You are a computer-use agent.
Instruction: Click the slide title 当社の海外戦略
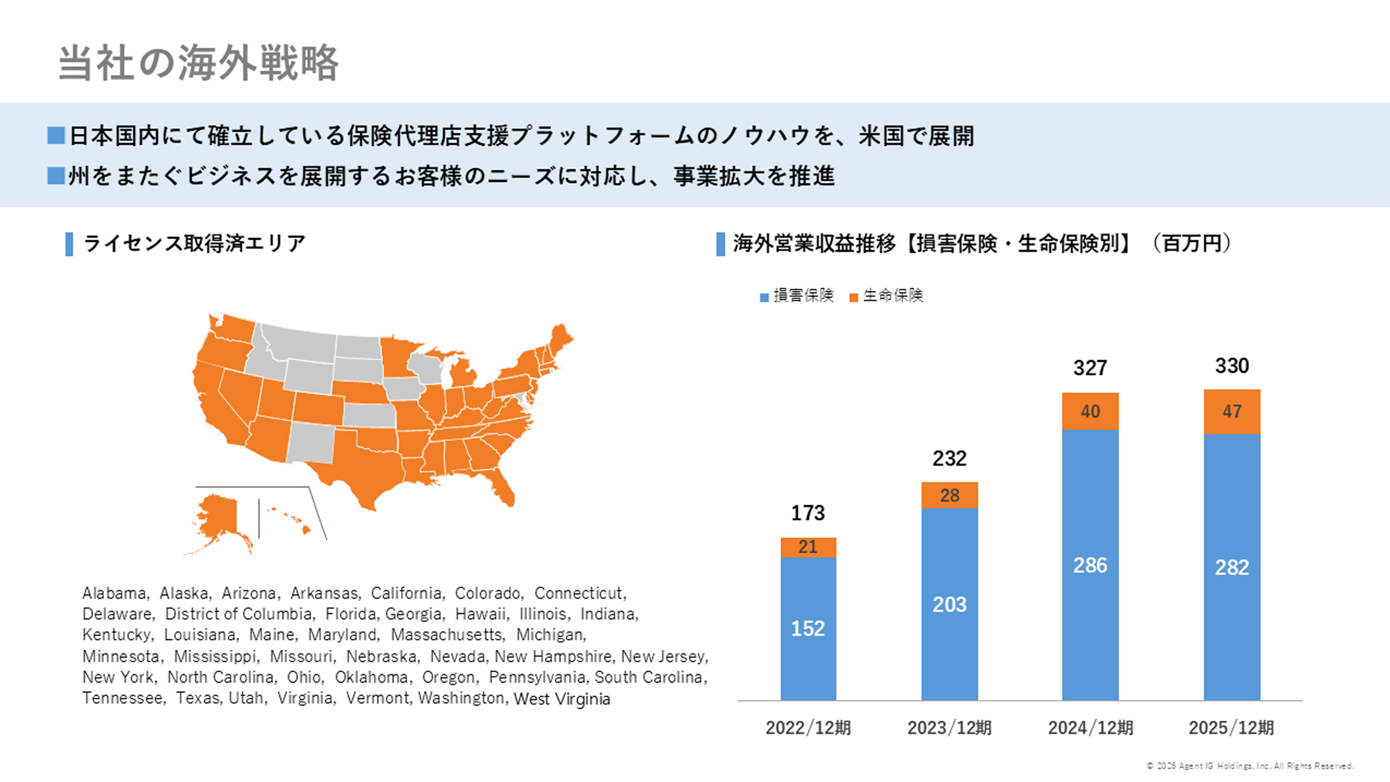point(198,63)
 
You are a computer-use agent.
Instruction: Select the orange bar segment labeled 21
point(808,547)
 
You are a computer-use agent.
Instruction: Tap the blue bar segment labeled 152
point(808,628)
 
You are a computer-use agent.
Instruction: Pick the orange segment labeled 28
point(949,495)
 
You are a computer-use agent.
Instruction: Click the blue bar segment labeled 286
point(1090,564)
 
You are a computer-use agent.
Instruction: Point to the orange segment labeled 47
point(1232,412)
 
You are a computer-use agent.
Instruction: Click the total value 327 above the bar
point(1090,368)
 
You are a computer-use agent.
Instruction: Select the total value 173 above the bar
point(808,513)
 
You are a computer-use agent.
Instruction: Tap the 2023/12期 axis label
point(949,728)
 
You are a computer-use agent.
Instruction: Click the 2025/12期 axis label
point(1232,728)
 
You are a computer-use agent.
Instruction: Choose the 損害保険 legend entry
point(797,295)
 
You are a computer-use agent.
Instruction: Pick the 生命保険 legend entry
point(887,295)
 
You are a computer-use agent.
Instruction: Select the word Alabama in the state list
point(115,593)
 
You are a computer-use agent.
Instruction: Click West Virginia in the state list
point(562,699)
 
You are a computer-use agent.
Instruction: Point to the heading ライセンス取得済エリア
point(194,243)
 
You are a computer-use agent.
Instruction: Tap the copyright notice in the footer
point(1250,766)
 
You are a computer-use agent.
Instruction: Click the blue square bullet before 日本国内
point(56,135)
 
